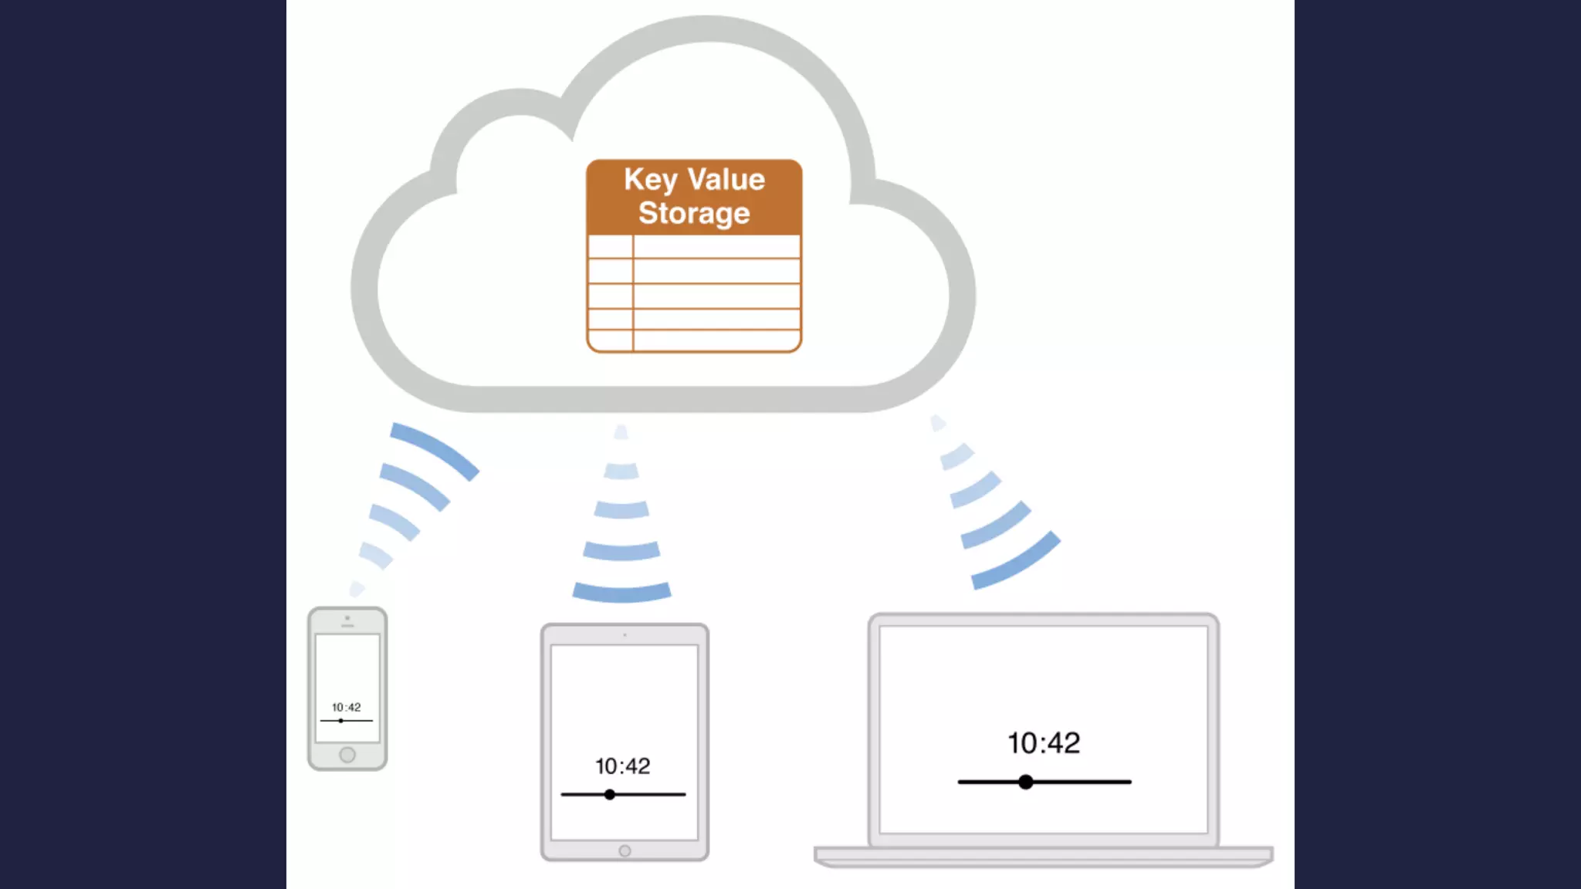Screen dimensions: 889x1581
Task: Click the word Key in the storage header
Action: pyautogui.click(x=650, y=180)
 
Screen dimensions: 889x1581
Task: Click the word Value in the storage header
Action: pyautogui.click(x=726, y=179)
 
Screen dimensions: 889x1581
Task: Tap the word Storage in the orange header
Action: pyautogui.click(x=694, y=213)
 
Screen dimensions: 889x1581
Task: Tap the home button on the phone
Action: pyautogui.click(x=347, y=755)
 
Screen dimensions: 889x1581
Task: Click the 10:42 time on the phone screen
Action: pyautogui.click(x=347, y=707)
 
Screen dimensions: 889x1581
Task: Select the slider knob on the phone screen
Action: pyautogui.click(x=340, y=721)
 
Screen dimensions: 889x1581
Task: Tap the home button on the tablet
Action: pyautogui.click(x=625, y=850)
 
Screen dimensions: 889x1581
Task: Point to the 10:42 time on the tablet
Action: pyautogui.click(x=622, y=766)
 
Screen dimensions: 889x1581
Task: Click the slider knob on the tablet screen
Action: pyautogui.click(x=610, y=794)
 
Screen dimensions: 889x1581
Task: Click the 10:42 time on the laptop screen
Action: pyautogui.click(x=1044, y=743)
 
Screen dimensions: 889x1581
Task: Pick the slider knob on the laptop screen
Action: pyautogui.click(x=1025, y=782)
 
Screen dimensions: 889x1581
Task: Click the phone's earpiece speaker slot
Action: pyautogui.click(x=347, y=625)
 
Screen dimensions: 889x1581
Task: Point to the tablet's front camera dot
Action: pyautogui.click(x=625, y=635)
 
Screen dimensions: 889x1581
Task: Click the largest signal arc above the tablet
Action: pyautogui.click(x=621, y=592)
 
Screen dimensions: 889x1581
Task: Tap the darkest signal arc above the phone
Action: pyautogui.click(x=435, y=449)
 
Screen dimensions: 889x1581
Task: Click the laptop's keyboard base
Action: pyautogui.click(x=1043, y=856)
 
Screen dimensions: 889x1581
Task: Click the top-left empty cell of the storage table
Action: pyautogui.click(x=610, y=247)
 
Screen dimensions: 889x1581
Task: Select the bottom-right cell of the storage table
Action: pyautogui.click(x=716, y=340)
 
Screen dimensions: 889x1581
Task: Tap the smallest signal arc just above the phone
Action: pyautogui.click(x=357, y=590)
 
